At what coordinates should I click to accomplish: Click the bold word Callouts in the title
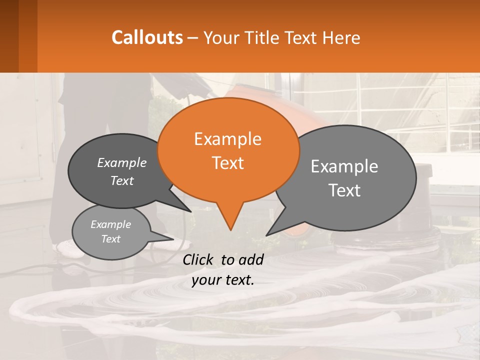pos(147,37)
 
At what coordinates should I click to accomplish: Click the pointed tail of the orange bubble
pos(230,220)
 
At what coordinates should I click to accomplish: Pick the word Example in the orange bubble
pos(228,139)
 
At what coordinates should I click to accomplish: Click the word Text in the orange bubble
pos(228,163)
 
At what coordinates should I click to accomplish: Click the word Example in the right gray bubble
pos(344,166)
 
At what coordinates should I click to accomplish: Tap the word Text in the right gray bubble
pos(344,190)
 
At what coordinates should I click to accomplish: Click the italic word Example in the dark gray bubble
pos(122,163)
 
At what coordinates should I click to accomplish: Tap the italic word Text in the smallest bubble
pos(111,239)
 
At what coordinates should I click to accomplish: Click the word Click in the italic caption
pos(199,259)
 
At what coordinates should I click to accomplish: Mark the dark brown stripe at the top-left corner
pos(9,36)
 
